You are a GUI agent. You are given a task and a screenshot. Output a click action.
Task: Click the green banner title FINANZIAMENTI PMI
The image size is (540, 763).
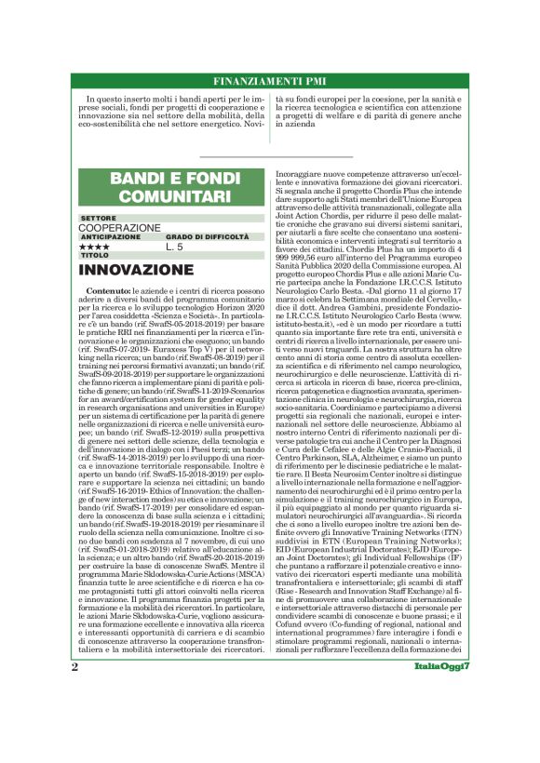[269, 80]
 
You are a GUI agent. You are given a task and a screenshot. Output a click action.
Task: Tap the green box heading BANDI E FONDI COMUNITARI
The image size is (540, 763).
[169, 187]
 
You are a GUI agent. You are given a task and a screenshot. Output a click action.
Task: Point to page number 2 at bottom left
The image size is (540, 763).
[74, 719]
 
